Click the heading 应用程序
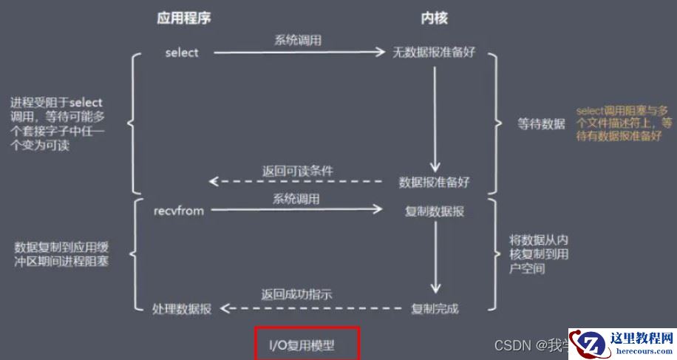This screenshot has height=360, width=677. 184,18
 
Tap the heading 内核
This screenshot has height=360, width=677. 434,18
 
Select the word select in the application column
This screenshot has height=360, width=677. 182,52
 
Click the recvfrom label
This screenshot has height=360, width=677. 178,211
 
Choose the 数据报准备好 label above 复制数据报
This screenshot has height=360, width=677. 434,181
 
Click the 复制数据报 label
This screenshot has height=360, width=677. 435,211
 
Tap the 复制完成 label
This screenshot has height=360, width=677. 435,308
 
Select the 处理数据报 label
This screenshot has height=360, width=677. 182,308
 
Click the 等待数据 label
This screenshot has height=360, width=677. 541,124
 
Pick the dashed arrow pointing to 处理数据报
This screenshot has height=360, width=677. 310,308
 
